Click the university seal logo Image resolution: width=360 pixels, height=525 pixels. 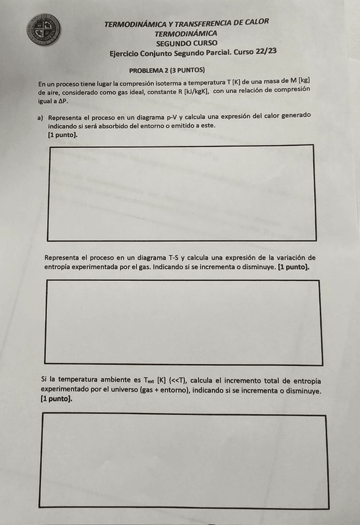click(x=45, y=28)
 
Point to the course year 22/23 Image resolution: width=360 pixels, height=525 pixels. click(x=264, y=52)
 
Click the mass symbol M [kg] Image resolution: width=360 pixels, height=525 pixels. click(x=299, y=81)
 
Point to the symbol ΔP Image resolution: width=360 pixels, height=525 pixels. click(x=60, y=100)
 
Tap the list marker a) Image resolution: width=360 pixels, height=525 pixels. click(x=41, y=118)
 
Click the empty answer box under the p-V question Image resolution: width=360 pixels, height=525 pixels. click(x=181, y=193)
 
